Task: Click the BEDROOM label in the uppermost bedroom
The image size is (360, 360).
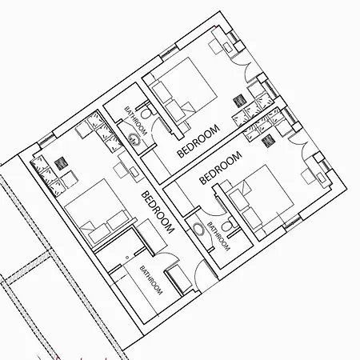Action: (198, 141)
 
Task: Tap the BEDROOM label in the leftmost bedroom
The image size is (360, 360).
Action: (158, 212)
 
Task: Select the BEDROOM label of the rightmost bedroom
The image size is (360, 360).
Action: (221, 168)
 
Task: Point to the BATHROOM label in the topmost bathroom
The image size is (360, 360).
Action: (136, 122)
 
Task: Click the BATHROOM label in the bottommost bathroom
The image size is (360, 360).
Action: (151, 280)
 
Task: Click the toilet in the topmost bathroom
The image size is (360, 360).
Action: (146, 113)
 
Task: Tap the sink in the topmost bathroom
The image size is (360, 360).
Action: (134, 139)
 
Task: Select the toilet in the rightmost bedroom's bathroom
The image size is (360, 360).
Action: (228, 226)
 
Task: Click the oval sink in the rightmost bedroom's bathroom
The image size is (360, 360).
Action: (198, 229)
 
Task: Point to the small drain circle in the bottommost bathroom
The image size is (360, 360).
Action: (127, 258)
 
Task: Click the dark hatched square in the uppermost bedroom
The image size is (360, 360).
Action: (239, 101)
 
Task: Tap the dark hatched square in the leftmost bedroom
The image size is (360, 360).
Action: (61, 163)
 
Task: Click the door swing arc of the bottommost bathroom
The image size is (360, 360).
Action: (170, 256)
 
